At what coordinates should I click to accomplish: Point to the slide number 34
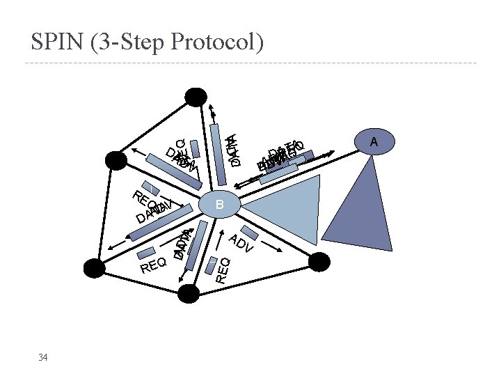(x=43, y=357)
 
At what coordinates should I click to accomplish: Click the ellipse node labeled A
(x=374, y=141)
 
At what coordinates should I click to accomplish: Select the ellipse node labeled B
(x=219, y=205)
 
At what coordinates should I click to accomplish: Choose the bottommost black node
(x=188, y=294)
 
